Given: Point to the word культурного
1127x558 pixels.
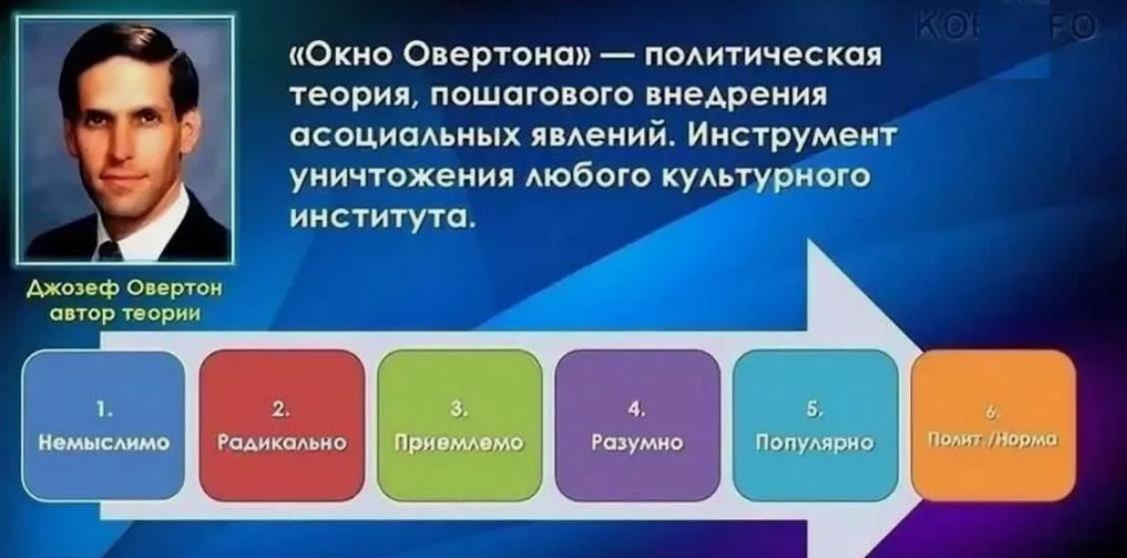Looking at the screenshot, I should point(769,175).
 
